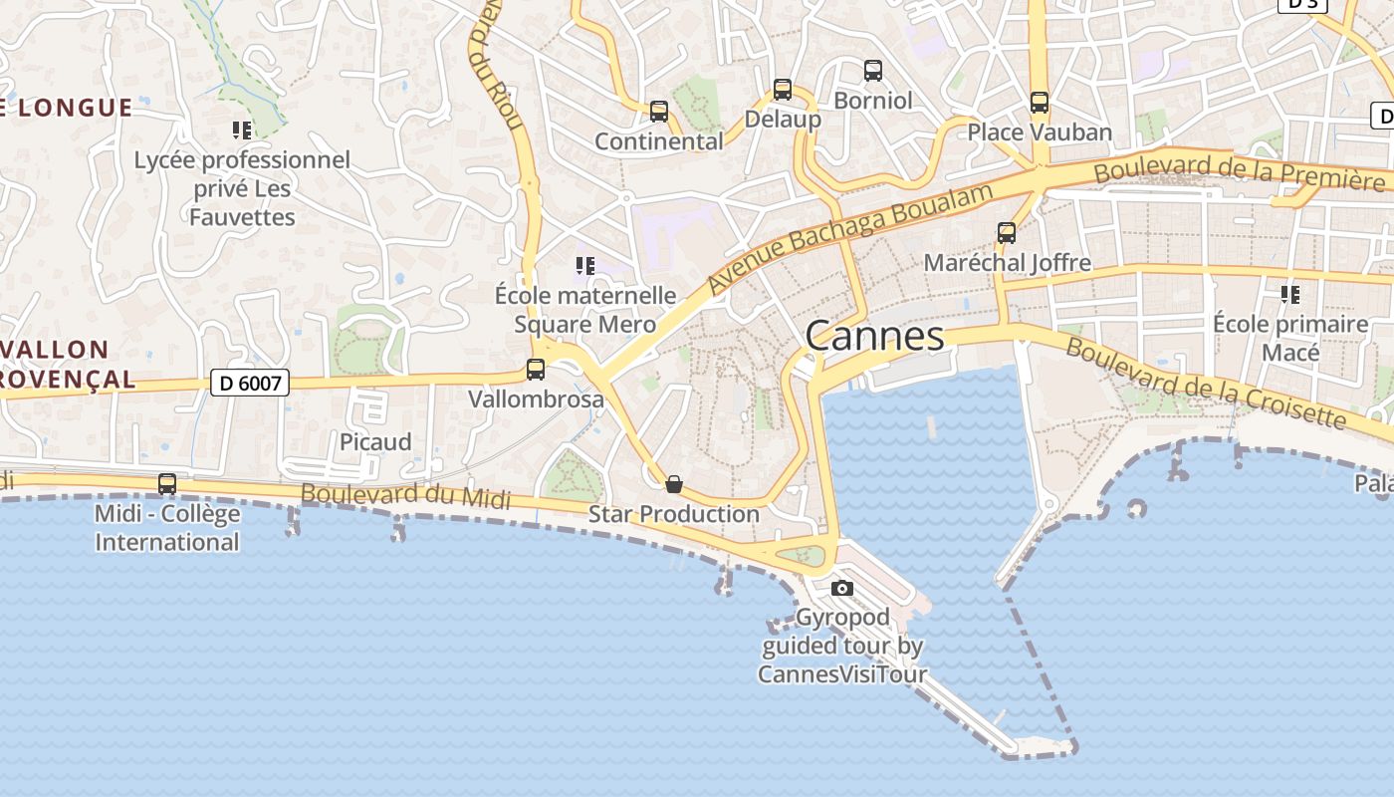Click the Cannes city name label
874,336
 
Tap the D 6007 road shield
249,382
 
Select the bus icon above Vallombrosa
536,370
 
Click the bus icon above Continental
659,111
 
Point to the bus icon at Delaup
783,90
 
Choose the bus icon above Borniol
873,71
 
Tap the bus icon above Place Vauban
1040,102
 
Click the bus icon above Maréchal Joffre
1007,233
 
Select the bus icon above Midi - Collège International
167,484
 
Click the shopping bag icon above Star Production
674,485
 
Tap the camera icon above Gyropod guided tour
842,588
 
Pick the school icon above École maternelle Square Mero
585,265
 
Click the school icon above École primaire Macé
1290,294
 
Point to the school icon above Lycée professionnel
242,130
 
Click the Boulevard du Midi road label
405,495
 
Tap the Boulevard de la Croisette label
1205,384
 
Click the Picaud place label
375,441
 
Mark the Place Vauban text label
1040,132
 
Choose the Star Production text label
674,514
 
